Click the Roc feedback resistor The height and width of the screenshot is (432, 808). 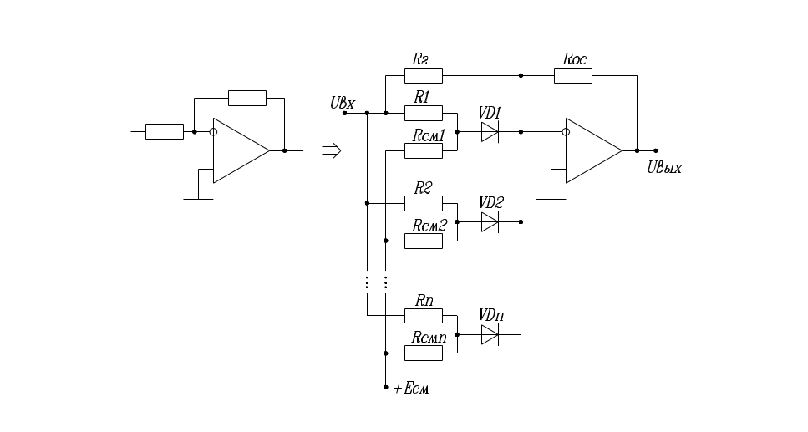tap(572, 76)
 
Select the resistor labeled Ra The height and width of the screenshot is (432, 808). tap(423, 76)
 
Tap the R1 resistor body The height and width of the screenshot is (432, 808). tap(423, 113)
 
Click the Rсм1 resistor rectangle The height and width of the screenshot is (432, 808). tap(423, 150)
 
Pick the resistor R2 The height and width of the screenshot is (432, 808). tap(423, 203)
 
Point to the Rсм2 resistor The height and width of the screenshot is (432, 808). tap(423, 241)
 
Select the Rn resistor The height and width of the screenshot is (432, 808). tap(423, 315)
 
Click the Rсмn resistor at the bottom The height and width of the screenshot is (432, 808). tap(423, 353)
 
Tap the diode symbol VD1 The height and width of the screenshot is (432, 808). tap(490, 132)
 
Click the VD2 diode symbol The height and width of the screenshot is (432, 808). tap(490, 222)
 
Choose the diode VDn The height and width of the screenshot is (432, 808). tap(490, 334)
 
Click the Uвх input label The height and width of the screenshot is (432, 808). tap(343, 104)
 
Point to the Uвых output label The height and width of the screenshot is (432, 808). tap(665, 168)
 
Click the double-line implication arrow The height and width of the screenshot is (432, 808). tap(332, 151)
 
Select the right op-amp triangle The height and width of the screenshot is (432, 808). tap(592, 151)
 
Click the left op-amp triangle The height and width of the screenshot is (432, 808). tap(239, 151)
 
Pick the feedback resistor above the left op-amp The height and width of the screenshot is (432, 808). tap(247, 98)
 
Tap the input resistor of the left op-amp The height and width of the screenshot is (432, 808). tap(165, 131)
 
